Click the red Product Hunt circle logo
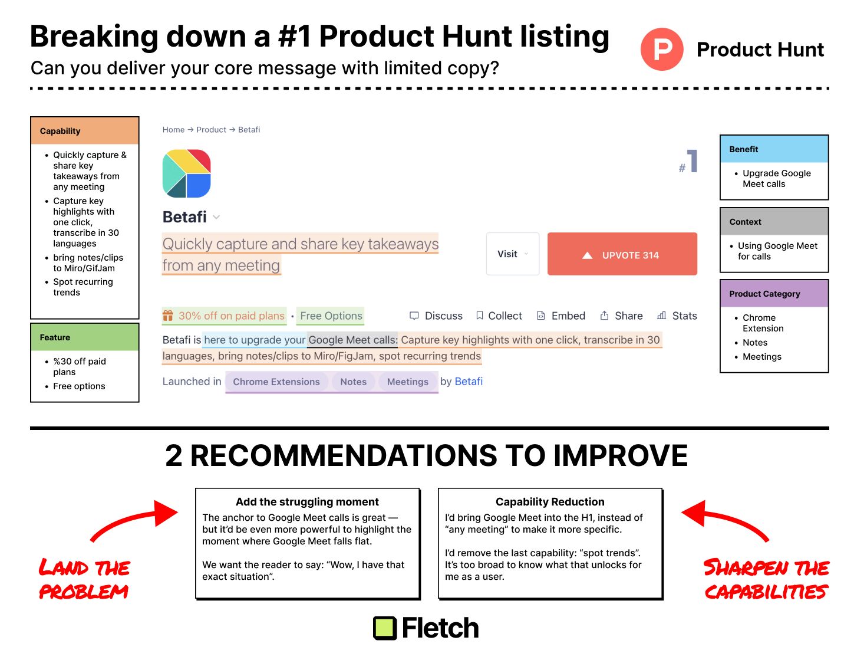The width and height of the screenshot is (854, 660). point(662,50)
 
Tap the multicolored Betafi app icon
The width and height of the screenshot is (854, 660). point(186,173)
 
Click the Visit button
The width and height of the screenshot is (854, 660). point(512,254)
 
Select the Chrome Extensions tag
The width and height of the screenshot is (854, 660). point(276,382)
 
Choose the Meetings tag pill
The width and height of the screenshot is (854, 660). point(407,382)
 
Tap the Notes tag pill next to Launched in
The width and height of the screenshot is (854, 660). point(353,382)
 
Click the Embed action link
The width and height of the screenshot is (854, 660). point(560,316)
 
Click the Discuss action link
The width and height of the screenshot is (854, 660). point(436,316)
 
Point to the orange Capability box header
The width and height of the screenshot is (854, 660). point(85,131)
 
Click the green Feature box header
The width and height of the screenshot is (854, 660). point(85,337)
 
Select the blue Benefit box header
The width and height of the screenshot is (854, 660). point(774,149)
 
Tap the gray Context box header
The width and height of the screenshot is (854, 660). point(774,222)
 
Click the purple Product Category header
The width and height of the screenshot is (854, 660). point(774,294)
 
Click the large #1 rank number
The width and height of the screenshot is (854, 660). point(690,162)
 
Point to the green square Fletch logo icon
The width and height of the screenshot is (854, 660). point(385,628)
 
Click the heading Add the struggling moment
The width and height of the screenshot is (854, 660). point(307,502)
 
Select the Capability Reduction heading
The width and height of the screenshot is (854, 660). point(550,502)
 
